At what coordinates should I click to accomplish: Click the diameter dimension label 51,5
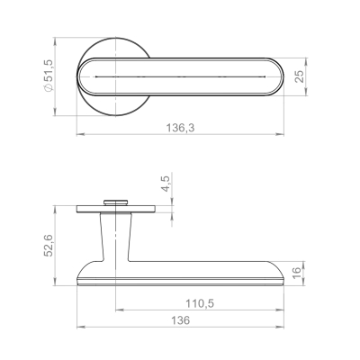point(49,71)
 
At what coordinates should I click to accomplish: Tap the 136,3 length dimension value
point(180,128)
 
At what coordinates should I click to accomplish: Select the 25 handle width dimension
point(300,76)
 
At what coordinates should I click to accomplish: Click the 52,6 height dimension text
point(49,245)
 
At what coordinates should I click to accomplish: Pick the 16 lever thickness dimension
point(296,273)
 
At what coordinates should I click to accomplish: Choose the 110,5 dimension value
point(200,303)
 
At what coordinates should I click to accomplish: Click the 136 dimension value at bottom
point(181,320)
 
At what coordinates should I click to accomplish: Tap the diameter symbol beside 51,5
point(49,87)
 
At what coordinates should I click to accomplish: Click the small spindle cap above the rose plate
point(115,202)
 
